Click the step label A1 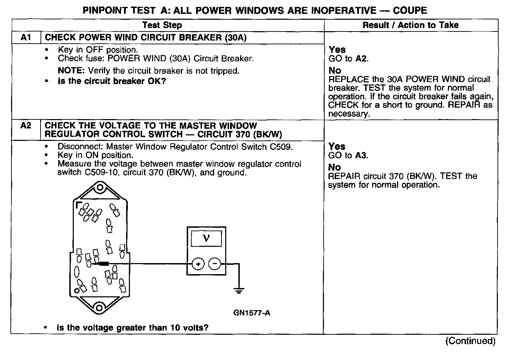pos(26,38)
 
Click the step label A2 pos(26,126)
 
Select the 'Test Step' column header pos(162,25)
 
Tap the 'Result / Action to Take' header pos(411,25)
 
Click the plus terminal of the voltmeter pos(198,264)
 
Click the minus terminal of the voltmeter pos(215,264)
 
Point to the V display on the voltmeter pos(206,238)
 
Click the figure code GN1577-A pos(252,313)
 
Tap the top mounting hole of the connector pos(100,188)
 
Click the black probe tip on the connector pos(103,264)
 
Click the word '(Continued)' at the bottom pos(470,341)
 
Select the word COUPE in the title pos(410,10)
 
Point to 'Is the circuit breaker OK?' pos(112,81)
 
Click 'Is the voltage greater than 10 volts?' pos(132,327)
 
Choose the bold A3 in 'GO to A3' pos(361,155)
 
